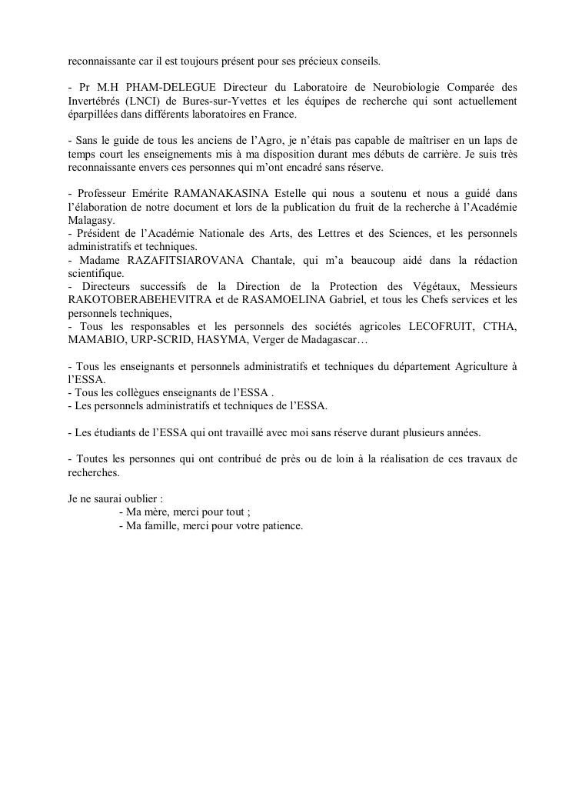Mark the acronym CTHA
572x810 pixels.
(x=499, y=328)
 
